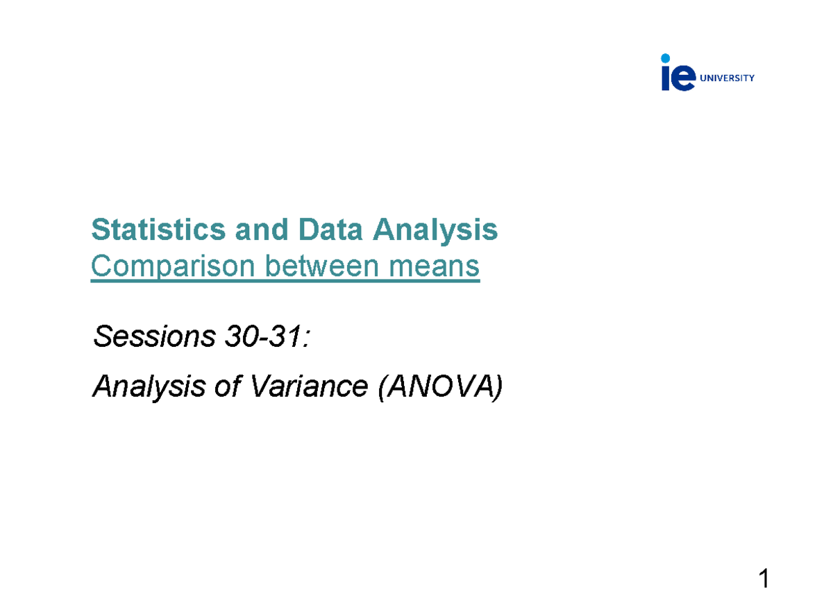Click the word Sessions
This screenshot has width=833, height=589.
coord(153,338)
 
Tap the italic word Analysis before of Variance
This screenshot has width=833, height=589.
coord(149,386)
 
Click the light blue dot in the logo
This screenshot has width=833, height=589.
coord(666,58)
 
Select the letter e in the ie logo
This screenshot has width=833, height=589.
coord(684,78)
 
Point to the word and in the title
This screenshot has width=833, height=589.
coord(256,230)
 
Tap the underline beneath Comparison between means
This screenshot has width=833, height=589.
coord(285,282)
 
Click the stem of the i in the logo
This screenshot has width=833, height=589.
coord(666,79)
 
